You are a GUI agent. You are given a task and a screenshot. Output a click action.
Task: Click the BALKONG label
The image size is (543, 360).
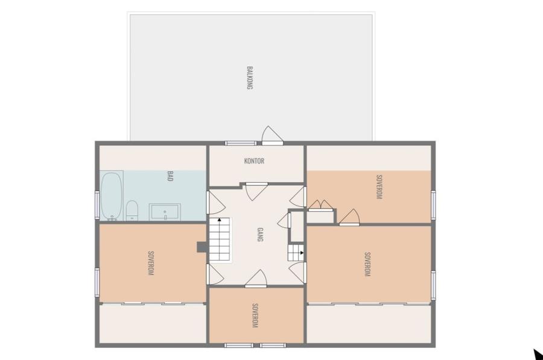(249, 78)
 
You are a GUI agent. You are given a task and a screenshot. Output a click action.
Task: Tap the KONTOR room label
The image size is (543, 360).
(254, 160)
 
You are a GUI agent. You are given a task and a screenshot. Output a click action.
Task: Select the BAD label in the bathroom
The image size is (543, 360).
(170, 176)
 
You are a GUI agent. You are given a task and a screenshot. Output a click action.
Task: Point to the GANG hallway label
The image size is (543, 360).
(259, 235)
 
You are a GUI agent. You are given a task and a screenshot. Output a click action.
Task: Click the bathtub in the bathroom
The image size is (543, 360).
(112, 195)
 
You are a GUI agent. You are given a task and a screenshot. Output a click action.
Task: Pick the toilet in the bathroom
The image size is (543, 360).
(132, 210)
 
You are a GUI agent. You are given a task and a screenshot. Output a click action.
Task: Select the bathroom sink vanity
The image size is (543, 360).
(165, 212)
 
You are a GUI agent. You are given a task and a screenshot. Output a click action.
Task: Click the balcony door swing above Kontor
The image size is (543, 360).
(272, 135)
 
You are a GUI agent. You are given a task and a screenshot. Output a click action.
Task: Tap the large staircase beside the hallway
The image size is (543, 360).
(220, 239)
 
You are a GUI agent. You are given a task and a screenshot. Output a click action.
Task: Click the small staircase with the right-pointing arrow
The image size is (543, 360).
(296, 253)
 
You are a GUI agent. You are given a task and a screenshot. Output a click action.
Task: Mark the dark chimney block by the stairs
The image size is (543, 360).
(203, 247)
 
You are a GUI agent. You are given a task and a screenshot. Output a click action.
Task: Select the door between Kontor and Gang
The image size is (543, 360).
(256, 191)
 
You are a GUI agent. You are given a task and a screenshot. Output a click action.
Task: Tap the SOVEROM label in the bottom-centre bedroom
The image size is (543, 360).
(255, 315)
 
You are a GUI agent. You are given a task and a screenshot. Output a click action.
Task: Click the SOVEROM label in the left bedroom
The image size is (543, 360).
(151, 263)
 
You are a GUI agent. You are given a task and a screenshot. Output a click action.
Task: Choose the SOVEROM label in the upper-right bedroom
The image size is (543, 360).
(379, 187)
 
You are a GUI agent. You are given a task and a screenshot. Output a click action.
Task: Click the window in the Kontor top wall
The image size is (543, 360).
(241, 143)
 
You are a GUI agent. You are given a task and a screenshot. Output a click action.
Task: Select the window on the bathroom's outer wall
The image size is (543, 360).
(97, 204)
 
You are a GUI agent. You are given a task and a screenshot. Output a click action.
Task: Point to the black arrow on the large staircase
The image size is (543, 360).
(219, 219)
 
